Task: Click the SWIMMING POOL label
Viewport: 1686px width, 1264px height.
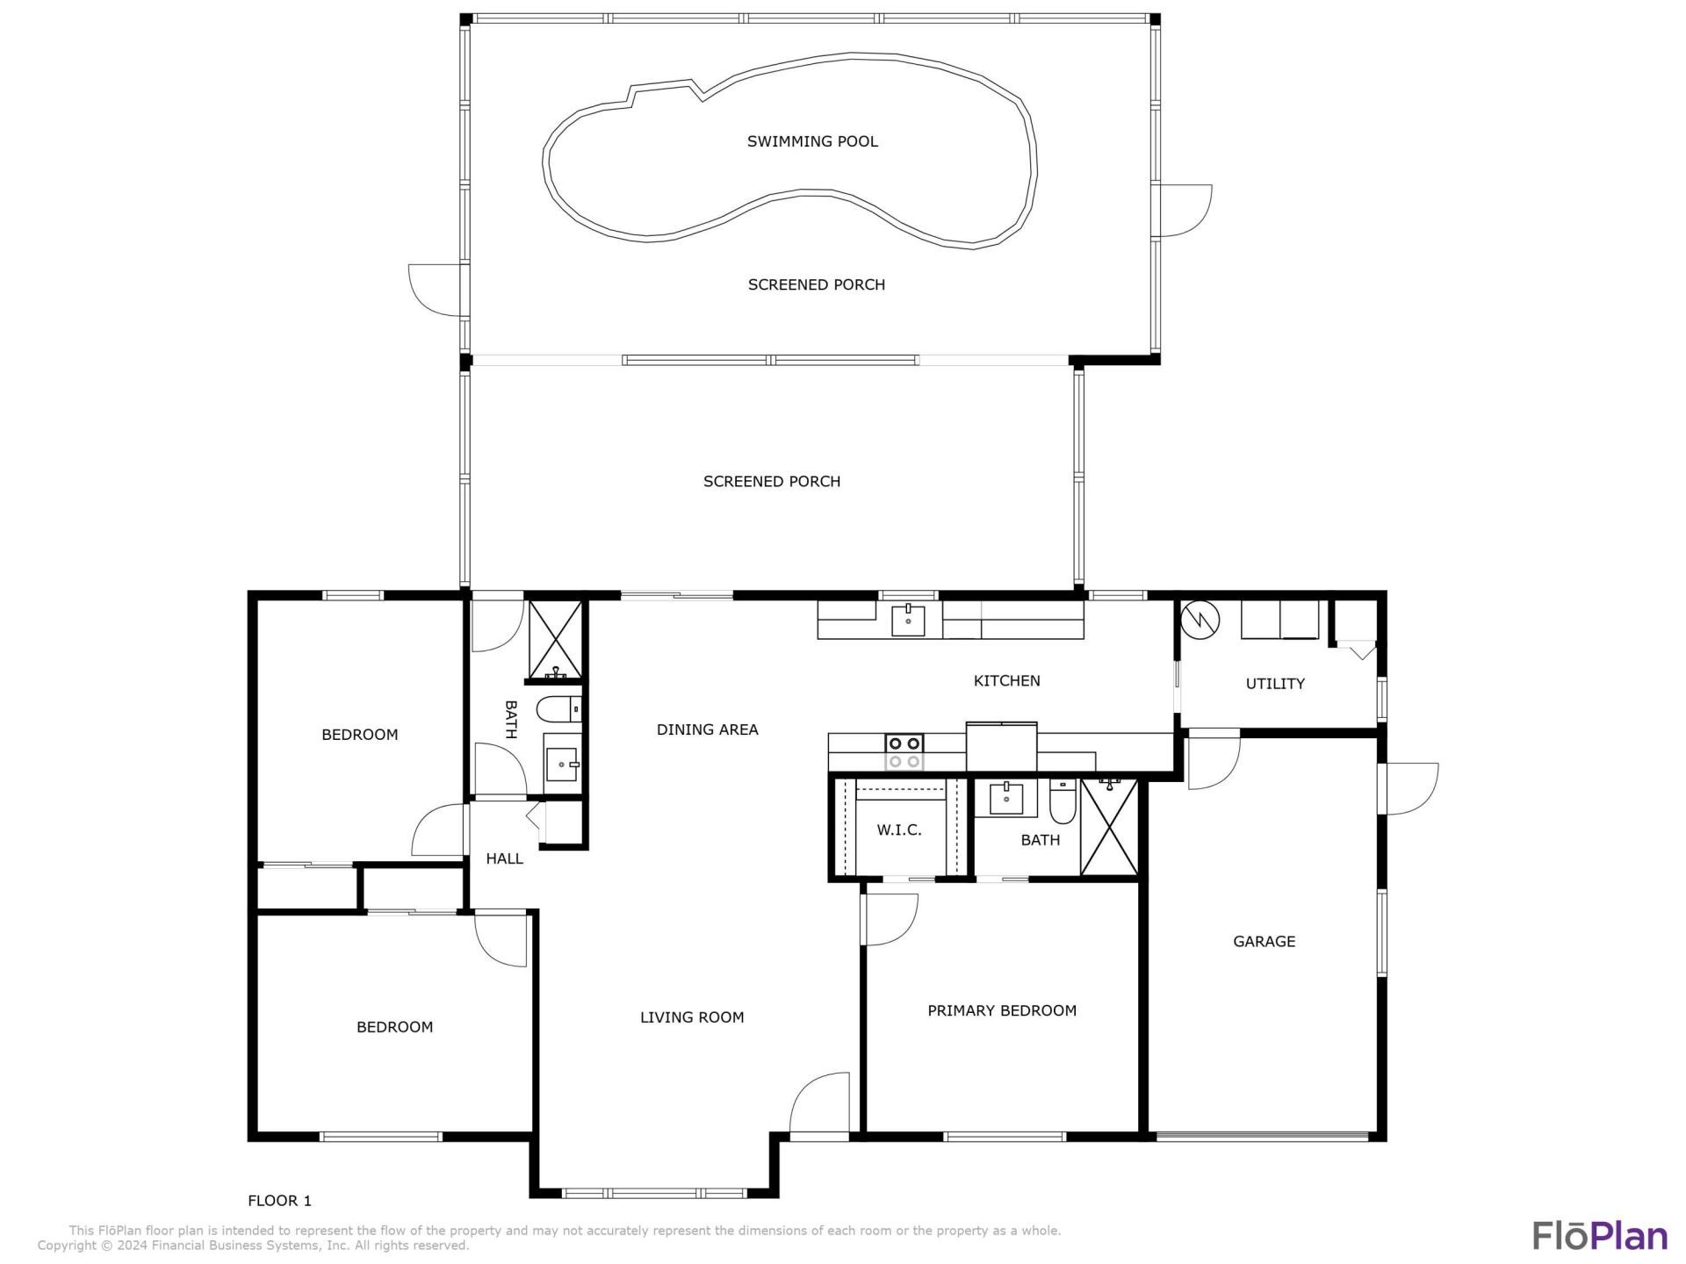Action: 812,141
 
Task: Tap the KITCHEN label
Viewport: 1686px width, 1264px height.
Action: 1006,680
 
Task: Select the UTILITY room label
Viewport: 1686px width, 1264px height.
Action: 1275,684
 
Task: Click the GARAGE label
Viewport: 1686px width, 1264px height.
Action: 1264,941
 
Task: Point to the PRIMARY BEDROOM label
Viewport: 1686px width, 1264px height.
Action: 1002,1010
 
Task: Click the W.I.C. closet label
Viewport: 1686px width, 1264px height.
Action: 899,829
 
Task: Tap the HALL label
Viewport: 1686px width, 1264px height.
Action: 504,858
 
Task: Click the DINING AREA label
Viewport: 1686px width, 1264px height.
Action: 707,729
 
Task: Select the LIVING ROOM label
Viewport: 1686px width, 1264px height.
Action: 692,1017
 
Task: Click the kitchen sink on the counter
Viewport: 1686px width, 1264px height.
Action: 908,620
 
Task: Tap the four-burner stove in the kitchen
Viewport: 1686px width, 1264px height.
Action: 904,752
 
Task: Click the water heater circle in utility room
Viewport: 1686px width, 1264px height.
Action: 1200,620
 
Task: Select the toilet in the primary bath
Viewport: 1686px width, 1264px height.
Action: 1062,801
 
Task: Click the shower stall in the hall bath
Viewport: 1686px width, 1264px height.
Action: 555,640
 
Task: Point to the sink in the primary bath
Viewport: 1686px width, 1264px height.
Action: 1005,799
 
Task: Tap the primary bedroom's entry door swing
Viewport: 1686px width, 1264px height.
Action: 889,919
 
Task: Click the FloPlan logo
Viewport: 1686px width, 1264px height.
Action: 1599,1235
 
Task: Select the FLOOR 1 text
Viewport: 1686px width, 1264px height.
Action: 279,1200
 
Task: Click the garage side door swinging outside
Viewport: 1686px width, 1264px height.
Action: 1409,788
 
